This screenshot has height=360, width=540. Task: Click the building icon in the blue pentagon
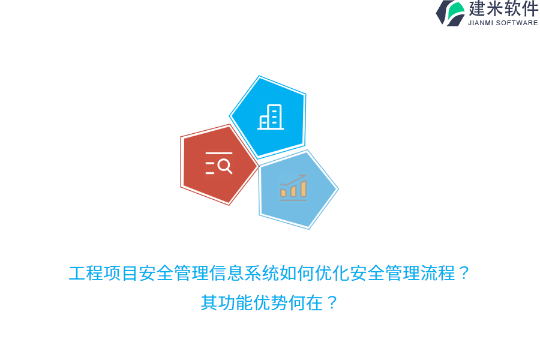[x=271, y=117]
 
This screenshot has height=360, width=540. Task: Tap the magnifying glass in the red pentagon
[x=225, y=166]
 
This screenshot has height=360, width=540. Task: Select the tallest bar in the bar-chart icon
[x=304, y=188]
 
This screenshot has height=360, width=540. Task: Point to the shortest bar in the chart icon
[x=283, y=193]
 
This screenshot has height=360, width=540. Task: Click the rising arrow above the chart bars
[x=293, y=179]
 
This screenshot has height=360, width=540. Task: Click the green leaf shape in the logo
[x=457, y=11]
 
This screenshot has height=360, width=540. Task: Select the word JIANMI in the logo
[x=481, y=23]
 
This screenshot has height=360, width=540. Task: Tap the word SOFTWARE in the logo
[x=517, y=23]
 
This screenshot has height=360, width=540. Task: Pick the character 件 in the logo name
[x=530, y=9]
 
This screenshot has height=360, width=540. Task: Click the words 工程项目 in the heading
[x=103, y=274]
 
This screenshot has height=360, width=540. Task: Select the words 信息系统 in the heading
[x=244, y=274]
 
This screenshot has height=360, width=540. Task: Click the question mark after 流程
[x=464, y=274]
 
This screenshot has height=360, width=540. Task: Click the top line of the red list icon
[x=218, y=154]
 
